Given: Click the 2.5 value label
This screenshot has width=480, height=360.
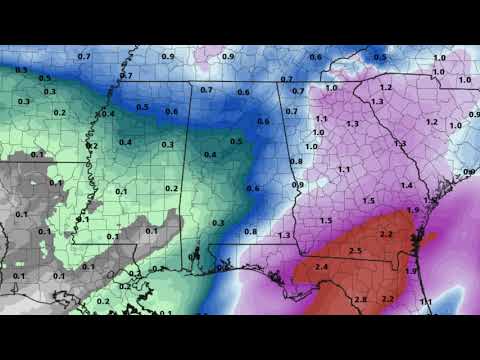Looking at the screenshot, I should click(355, 250).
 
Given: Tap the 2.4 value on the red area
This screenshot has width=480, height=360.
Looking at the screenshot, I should click(321, 267).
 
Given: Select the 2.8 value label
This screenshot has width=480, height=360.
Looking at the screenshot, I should click(360, 300).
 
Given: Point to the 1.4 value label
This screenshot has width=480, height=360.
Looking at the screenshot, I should click(406, 186).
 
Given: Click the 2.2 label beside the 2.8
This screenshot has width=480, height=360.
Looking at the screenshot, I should click(389, 299).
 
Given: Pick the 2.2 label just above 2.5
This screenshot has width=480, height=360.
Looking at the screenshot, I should click(386, 235).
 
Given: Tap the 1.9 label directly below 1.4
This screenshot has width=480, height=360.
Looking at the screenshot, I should click(413, 211).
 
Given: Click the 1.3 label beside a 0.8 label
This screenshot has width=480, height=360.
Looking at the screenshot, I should click(284, 235).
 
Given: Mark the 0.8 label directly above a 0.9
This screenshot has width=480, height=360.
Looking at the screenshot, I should click(296, 161).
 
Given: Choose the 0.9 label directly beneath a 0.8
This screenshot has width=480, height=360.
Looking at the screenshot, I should click(296, 184).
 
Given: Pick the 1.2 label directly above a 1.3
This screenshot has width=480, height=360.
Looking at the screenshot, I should click(386, 88).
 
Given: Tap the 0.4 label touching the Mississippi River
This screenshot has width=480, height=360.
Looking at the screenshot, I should click(108, 113).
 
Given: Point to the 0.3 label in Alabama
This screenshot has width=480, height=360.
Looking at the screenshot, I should click(218, 223).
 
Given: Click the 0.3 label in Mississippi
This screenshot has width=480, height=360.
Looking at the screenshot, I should click(167, 145).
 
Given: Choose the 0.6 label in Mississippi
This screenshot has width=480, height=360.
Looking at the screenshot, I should click(171, 112).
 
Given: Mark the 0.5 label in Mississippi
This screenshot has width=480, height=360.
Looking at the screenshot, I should click(143, 107).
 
